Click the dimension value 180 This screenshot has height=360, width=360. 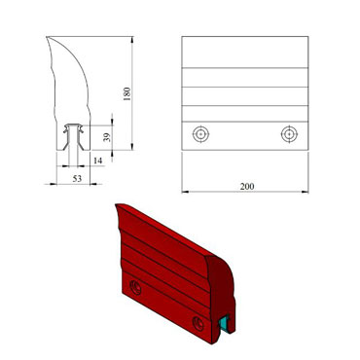coord(126,93)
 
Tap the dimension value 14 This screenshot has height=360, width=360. coord(97,158)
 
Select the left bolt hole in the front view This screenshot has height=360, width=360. coord(200,133)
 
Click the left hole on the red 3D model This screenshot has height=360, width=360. coord(135,286)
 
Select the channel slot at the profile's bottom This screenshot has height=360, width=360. coord(73,141)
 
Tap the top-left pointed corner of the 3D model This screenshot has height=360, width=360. coord(116,203)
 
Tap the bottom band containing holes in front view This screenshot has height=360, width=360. coord(245,133)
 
